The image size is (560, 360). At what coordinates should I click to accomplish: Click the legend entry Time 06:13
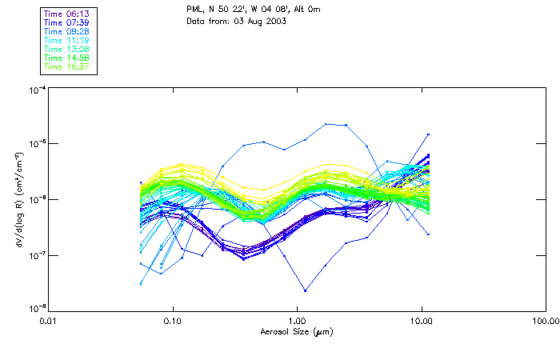tap(68, 13)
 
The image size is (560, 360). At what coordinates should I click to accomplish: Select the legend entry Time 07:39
tap(68, 22)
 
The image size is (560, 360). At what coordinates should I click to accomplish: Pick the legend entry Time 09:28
tap(68, 30)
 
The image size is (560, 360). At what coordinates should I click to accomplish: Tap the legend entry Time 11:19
tap(68, 39)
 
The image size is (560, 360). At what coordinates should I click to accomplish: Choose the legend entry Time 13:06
tap(68, 49)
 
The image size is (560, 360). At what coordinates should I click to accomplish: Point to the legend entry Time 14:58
tap(68, 58)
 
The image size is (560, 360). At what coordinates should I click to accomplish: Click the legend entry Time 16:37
tap(68, 66)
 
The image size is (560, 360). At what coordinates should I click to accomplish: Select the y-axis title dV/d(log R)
tap(17, 198)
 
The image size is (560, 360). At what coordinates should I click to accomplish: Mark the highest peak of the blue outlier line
tap(326, 124)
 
